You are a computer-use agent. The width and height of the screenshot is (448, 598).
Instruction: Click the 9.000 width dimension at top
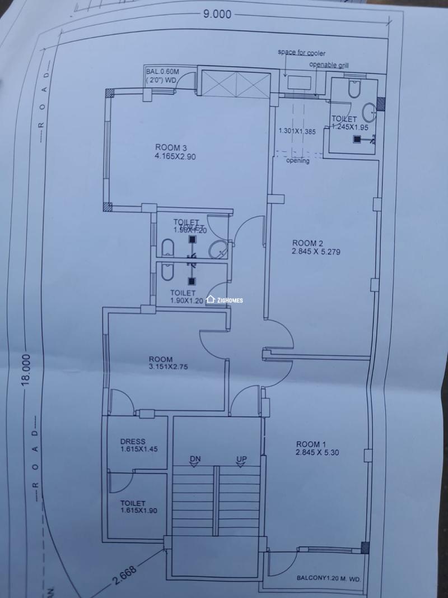pyautogui.click(x=217, y=15)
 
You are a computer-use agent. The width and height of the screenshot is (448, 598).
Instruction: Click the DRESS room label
pyautogui.click(x=133, y=441)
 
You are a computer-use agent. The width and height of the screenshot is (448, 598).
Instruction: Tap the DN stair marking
pyautogui.click(x=195, y=459)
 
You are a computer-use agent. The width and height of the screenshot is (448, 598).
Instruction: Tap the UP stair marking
pyautogui.click(x=241, y=459)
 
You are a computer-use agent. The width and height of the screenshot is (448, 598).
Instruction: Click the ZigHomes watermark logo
pyautogui.click(x=225, y=300)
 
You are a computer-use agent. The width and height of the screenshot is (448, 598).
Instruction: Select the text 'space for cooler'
pyautogui.click(x=302, y=53)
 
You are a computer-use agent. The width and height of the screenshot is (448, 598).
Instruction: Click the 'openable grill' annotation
pyautogui.click(x=329, y=65)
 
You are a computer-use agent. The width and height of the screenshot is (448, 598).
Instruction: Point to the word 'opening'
pyautogui.click(x=297, y=161)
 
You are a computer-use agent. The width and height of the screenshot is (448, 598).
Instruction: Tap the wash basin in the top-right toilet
pyautogui.click(x=369, y=113)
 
